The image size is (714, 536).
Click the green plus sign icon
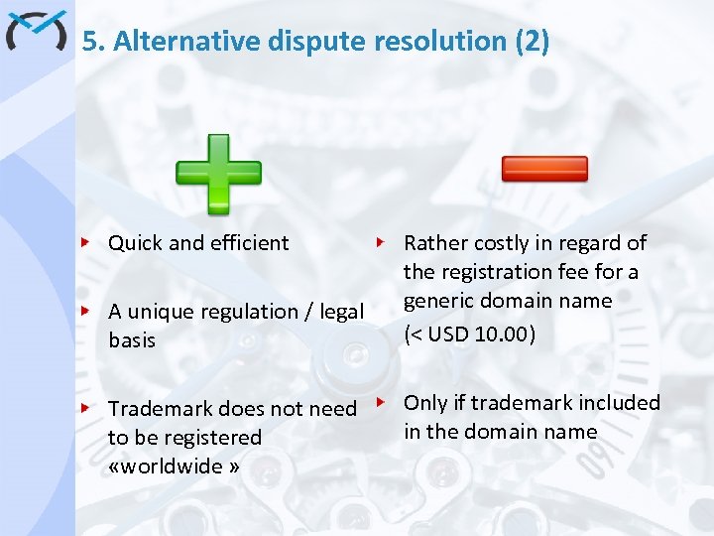[218, 174]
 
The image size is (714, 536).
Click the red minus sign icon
[544, 169]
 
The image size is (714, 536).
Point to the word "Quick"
[136, 242]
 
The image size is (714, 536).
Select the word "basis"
[132, 339]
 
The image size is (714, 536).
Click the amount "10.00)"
[506, 335]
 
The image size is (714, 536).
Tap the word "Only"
[425, 402]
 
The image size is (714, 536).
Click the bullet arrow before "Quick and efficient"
[86, 242]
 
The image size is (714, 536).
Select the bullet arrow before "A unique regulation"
[86, 311]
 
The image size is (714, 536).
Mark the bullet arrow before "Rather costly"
[380, 241]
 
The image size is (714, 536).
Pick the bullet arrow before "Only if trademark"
[380, 402]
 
